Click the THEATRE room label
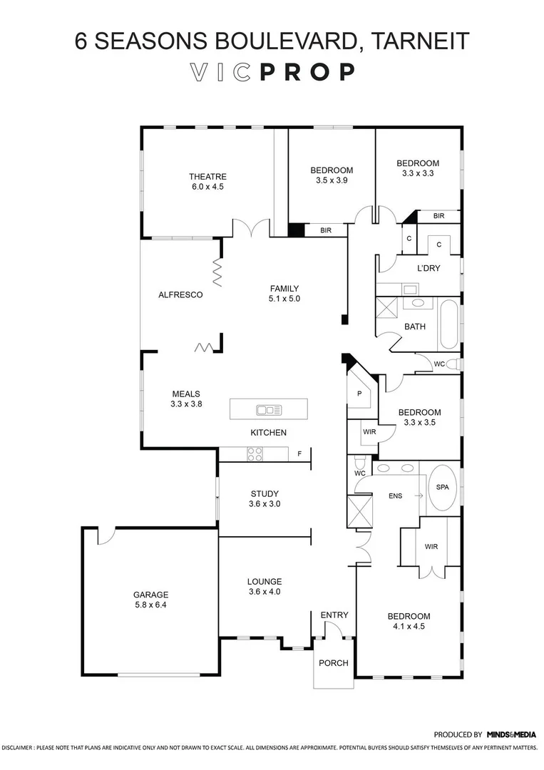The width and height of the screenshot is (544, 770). pos(207,177)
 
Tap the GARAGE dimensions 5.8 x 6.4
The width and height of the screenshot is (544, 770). pos(150,605)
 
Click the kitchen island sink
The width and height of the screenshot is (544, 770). pos(269,410)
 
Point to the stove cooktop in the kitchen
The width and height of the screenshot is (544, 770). pos(254,453)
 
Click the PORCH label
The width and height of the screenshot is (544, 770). pos(333,663)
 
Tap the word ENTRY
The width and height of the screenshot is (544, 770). pos(334,615)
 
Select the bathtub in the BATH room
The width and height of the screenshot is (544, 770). pos(448,327)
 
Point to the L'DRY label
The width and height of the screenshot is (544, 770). pos(430,268)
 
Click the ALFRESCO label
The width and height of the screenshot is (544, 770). pos(180,294)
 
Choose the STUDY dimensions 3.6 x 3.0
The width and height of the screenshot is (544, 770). pos(265,503)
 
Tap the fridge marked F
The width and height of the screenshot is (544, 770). pos(299,453)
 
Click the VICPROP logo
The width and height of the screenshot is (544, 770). pos(272,72)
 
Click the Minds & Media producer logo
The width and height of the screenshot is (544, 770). pos(511,734)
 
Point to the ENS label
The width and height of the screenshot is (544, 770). pos(396,496)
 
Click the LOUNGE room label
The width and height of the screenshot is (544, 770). pos(265,581)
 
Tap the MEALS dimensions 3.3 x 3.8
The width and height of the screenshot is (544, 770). pos(186,404)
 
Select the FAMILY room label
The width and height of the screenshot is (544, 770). pos(284,289)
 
